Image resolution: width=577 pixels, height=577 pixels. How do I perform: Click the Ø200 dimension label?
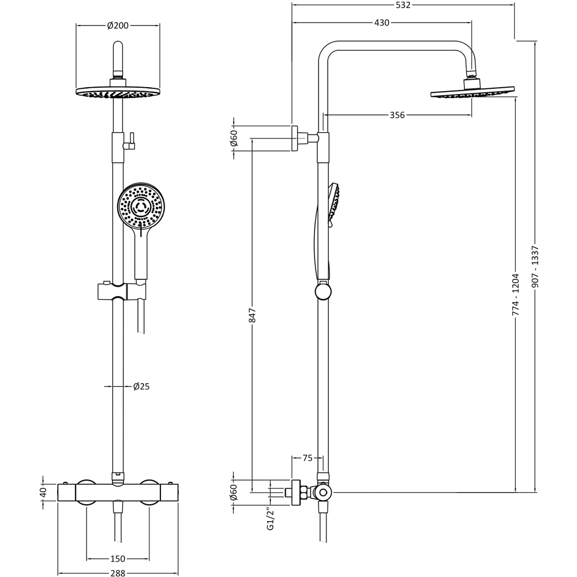118,25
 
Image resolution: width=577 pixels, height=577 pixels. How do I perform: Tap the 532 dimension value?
403,5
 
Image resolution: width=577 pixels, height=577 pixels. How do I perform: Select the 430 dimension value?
382,23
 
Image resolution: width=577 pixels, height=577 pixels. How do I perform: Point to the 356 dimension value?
397,115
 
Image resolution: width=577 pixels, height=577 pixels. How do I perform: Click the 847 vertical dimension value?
252,315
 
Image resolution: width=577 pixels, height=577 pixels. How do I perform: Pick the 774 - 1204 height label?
516,294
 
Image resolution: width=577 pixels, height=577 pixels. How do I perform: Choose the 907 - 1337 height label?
535,267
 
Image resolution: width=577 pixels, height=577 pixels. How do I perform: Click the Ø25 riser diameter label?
141,387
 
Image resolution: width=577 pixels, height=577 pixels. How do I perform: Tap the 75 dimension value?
308,458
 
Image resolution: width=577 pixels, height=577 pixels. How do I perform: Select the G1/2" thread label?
270,519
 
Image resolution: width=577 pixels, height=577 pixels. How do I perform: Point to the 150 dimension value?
118,559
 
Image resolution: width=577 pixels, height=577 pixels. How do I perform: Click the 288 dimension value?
118,573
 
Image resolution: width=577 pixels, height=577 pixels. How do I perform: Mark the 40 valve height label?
43,492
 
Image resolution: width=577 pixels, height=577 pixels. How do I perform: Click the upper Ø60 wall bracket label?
234,138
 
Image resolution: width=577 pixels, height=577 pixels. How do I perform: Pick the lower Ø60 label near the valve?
234,492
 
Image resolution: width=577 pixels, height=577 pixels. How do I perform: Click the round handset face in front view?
141,206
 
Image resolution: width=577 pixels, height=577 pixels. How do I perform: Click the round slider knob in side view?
323,292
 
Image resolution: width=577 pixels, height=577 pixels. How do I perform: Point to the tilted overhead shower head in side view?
473,92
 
